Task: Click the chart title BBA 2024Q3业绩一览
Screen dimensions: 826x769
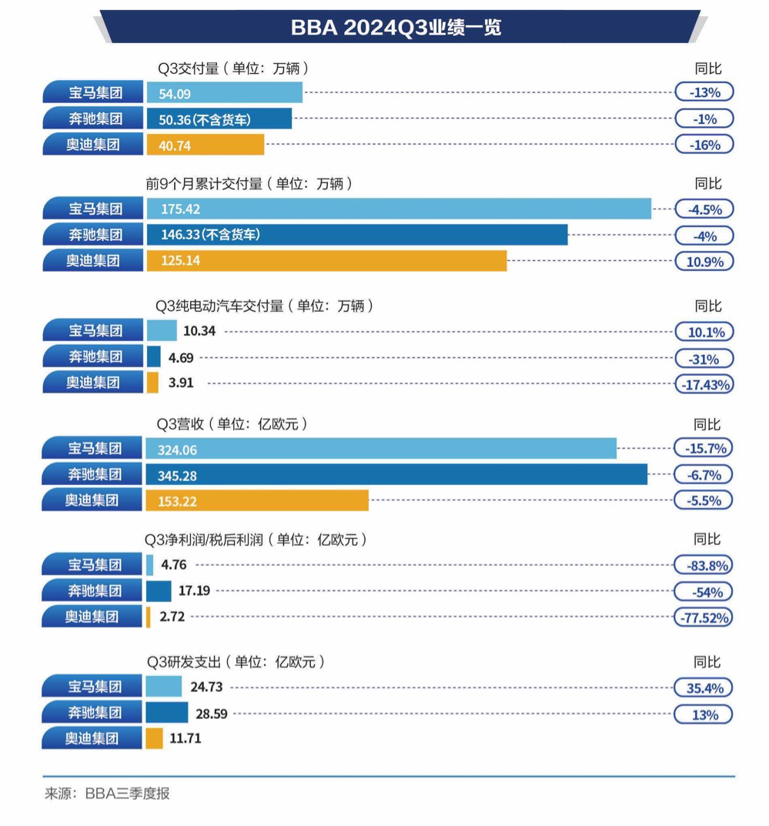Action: coord(396,28)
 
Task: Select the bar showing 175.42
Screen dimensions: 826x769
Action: coord(399,209)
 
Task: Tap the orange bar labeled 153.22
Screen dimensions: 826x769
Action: coord(257,500)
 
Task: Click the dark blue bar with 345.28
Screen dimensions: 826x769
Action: coord(396,474)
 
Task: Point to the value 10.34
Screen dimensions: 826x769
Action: coord(199,331)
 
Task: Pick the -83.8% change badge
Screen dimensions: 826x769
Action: coord(704,566)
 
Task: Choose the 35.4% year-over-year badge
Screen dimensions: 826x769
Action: coord(704,687)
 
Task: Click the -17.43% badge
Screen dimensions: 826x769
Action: coord(704,384)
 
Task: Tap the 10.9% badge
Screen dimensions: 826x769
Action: coord(704,262)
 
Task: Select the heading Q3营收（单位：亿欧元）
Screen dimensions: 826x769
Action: coord(232,424)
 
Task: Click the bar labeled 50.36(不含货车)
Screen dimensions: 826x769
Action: coord(219,119)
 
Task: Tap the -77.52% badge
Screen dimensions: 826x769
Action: coord(704,617)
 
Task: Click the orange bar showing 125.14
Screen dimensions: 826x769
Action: coord(326,261)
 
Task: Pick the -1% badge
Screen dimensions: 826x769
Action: coord(704,119)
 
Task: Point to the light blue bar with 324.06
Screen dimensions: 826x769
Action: coord(381,448)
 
